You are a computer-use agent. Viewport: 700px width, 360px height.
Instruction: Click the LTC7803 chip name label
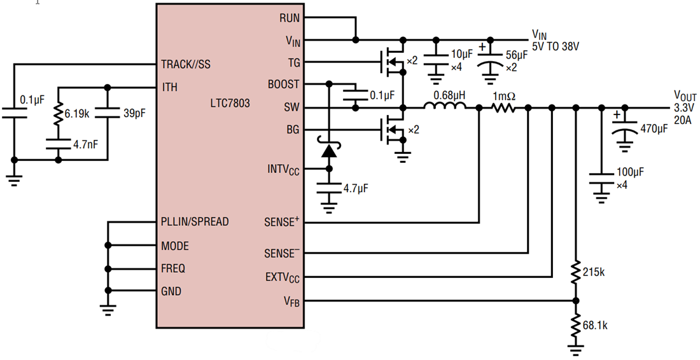click(230, 103)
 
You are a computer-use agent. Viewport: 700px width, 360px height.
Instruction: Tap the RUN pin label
click(290, 18)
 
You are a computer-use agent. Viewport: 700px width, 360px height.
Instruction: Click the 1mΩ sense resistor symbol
click(504, 108)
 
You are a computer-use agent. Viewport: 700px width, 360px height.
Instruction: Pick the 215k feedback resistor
click(576, 272)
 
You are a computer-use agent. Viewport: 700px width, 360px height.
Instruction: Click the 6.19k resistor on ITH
click(59, 114)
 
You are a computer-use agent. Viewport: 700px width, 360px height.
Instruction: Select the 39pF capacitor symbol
click(107, 113)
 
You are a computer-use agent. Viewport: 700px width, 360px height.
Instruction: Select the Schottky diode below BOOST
click(329, 150)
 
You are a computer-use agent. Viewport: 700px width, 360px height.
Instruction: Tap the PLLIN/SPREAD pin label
click(195, 222)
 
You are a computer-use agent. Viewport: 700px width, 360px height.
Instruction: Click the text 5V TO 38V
click(556, 46)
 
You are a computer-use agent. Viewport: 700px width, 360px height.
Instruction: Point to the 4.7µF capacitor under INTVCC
click(329, 188)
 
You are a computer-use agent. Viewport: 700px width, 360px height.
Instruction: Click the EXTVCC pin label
click(283, 277)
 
